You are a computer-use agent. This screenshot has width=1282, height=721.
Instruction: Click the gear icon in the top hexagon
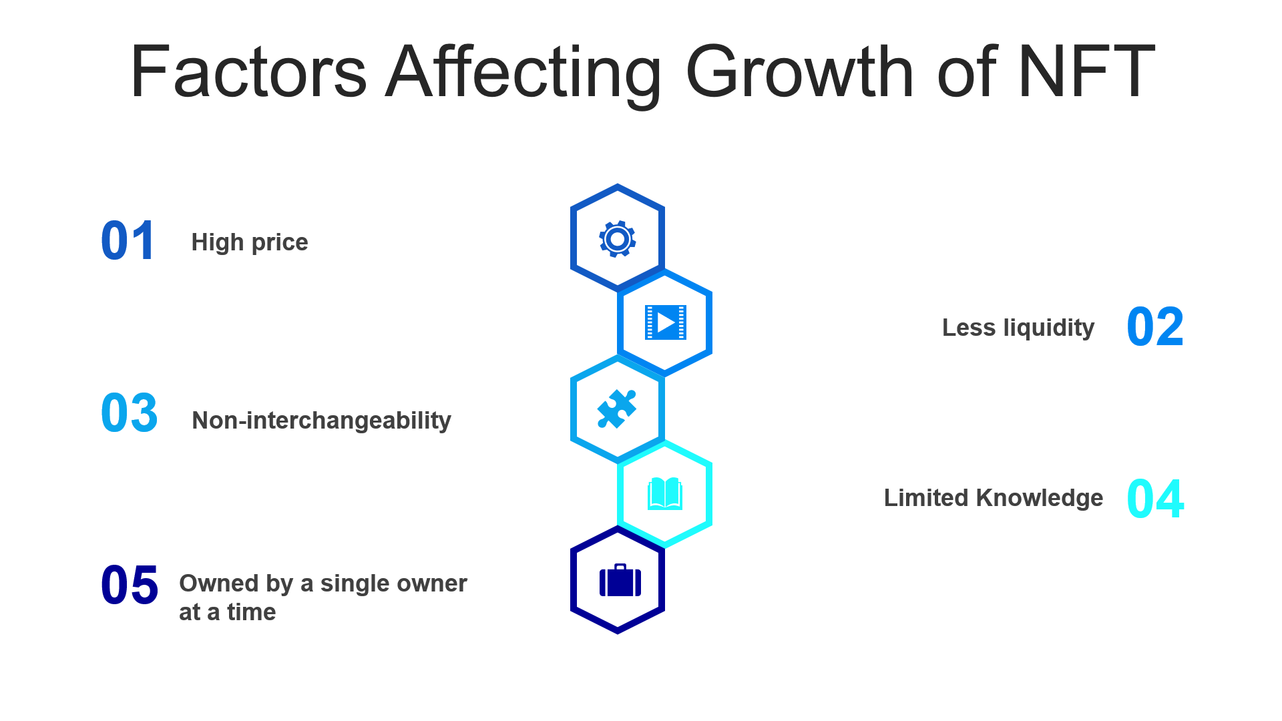tap(618, 238)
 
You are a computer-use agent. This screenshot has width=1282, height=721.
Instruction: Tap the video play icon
tap(665, 322)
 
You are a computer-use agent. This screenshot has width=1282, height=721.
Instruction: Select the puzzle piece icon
tap(617, 409)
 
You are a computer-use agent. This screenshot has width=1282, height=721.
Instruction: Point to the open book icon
tap(665, 494)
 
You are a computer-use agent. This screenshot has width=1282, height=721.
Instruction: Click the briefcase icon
tap(620, 580)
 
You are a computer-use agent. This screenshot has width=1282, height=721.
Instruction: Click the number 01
tap(128, 240)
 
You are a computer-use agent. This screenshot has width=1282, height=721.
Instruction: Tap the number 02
tap(1155, 327)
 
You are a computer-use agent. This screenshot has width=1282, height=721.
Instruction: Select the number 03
tap(130, 413)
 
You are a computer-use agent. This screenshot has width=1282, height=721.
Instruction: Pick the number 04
tap(1155, 499)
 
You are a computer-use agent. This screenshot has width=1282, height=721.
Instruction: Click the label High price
tap(250, 242)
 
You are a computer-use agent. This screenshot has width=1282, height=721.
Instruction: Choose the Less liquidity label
tap(1018, 328)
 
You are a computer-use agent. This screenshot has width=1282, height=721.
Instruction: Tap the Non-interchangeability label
tap(321, 421)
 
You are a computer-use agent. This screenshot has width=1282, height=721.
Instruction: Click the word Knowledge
tap(1040, 498)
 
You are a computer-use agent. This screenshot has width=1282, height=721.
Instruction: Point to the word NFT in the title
tap(1087, 71)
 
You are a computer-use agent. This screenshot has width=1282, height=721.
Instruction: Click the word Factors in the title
tap(248, 71)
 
